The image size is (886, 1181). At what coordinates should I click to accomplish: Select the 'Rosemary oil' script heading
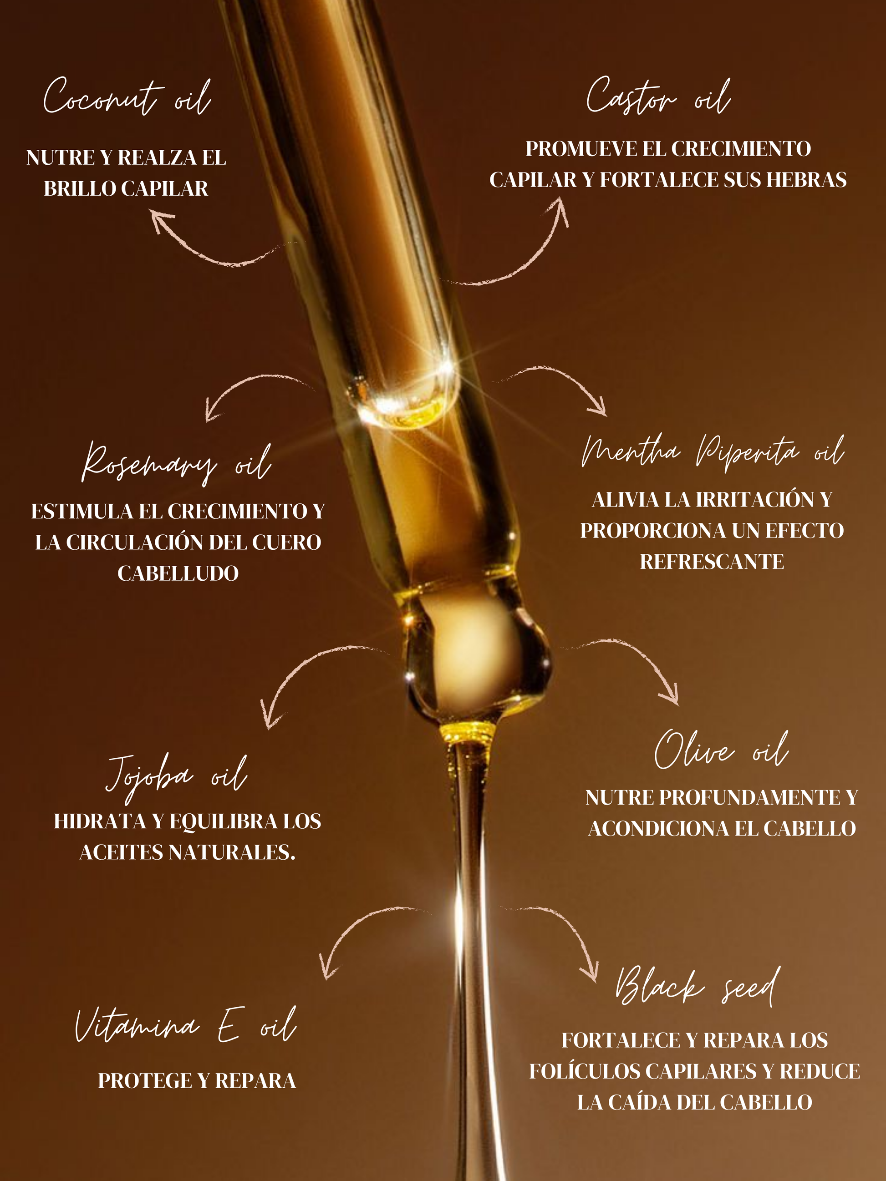176,462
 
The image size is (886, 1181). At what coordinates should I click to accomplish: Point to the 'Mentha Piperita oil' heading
713,453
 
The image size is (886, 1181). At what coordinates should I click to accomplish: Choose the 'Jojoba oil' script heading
177,777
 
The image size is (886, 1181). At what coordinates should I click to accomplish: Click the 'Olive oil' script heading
722,750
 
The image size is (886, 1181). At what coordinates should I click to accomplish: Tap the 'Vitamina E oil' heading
185,1024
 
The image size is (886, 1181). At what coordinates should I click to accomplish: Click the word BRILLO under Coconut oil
80,188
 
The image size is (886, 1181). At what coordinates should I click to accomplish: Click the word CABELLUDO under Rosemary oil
178,573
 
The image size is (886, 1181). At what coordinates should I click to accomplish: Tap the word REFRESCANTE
712,562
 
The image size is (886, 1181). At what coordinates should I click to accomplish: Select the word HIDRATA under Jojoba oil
100,821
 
